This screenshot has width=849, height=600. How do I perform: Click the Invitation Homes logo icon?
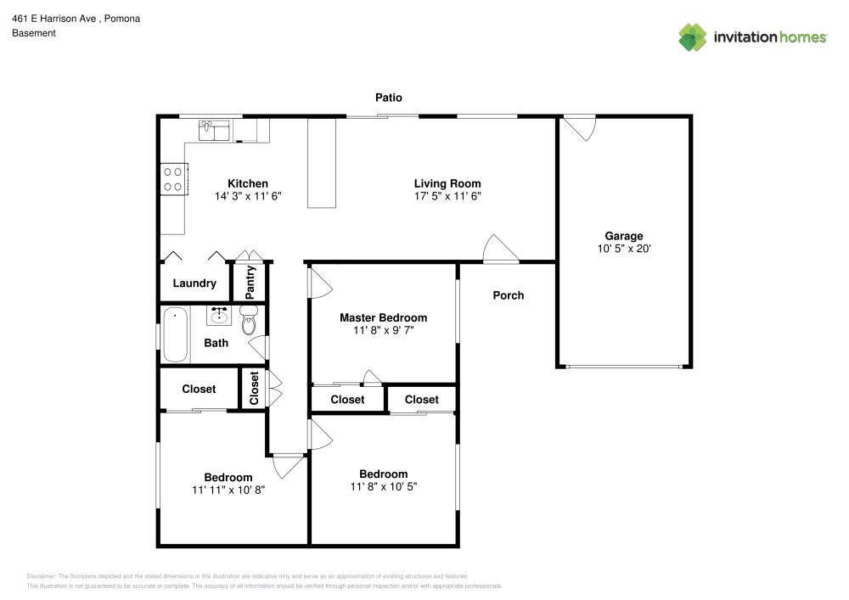(x=693, y=36)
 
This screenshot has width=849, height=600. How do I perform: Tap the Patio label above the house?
(x=389, y=98)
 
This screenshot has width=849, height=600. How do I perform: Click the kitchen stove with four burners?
(x=173, y=179)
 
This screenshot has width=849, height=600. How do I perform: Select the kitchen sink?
(x=215, y=130)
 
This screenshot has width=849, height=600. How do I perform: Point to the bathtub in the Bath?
(x=177, y=335)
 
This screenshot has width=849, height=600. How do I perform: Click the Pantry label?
(x=250, y=282)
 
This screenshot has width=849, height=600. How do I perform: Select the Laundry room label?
(x=194, y=283)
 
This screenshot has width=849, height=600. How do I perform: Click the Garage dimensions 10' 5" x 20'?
(x=623, y=249)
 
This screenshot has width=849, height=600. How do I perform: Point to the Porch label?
(x=509, y=295)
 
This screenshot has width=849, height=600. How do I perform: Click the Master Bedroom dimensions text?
(x=383, y=330)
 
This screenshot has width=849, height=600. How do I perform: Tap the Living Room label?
(x=447, y=183)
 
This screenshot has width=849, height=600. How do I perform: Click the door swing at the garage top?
(x=582, y=127)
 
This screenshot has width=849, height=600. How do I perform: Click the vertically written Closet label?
(x=254, y=389)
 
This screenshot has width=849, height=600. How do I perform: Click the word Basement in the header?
(x=33, y=33)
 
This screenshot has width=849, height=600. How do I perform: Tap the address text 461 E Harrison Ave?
(x=59, y=18)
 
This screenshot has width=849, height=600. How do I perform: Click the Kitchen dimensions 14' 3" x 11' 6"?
(x=247, y=195)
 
